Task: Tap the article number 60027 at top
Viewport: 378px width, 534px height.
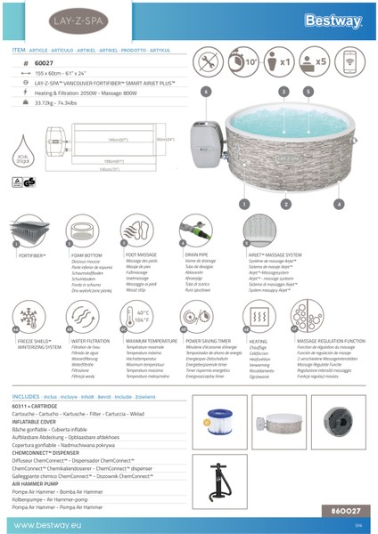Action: pos(45,65)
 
